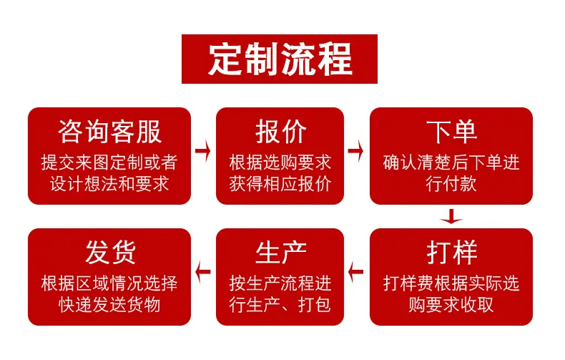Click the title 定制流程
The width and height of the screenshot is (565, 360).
pyautogui.click(x=280, y=59)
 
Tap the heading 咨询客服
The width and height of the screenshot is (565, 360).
pyautogui.click(x=109, y=132)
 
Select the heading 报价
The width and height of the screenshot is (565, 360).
pyautogui.click(x=280, y=132)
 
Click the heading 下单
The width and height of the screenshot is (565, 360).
pyautogui.click(x=451, y=132)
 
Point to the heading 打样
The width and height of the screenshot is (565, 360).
pyautogui.click(x=451, y=253)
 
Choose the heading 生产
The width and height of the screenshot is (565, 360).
pyautogui.click(x=280, y=253)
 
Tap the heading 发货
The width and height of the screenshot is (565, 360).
pyautogui.click(x=110, y=253)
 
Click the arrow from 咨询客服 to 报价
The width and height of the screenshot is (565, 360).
pyautogui.click(x=203, y=150)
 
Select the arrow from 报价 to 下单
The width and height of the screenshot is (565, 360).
pyautogui.click(x=355, y=150)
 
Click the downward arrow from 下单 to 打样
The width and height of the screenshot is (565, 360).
pyautogui.click(x=451, y=216)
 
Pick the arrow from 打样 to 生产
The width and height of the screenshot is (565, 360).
pyautogui.click(x=355, y=272)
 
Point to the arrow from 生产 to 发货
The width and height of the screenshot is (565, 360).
pyautogui.click(x=203, y=272)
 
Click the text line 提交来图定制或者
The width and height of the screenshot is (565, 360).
pyautogui.click(x=109, y=162)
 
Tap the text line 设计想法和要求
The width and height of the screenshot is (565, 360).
pyautogui.click(x=109, y=184)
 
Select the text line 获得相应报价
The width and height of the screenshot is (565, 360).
pyautogui.click(x=280, y=184)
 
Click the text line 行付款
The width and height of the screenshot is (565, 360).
pyautogui.click(x=451, y=184)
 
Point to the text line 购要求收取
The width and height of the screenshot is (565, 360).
pyautogui.click(x=451, y=305)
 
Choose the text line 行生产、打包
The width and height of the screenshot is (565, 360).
pyautogui.click(x=280, y=305)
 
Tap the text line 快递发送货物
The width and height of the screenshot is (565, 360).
pyautogui.click(x=109, y=305)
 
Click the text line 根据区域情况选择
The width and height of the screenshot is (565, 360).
pyautogui.click(x=109, y=283)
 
